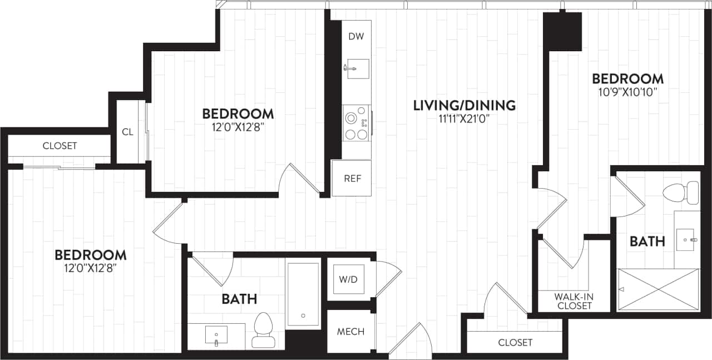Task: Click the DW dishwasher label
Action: point(356,37)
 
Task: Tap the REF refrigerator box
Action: point(352,179)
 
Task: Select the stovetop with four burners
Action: point(357,124)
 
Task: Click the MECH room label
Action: point(350,332)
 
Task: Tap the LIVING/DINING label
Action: point(464,105)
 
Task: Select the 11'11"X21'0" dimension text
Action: point(464,119)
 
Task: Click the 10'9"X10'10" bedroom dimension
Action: point(627,92)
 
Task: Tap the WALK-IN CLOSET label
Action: point(573,301)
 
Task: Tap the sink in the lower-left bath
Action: point(216,335)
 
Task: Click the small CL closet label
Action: point(127,132)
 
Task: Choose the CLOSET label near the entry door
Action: point(515,342)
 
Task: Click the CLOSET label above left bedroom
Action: point(60,146)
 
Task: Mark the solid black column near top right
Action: point(562,31)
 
